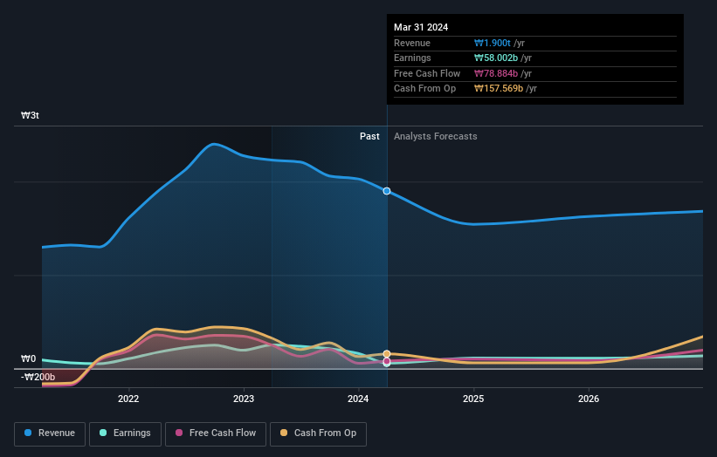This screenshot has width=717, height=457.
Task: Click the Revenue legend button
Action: click(x=51, y=433)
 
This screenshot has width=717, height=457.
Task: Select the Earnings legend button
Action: click(x=125, y=433)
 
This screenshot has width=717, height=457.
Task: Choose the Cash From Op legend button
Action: click(x=323, y=433)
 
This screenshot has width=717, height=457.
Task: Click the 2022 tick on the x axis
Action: click(x=128, y=399)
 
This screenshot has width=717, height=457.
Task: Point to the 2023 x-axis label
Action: click(x=244, y=399)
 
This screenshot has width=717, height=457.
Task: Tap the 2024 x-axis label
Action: click(x=359, y=399)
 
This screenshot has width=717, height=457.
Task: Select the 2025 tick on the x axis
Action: click(x=473, y=399)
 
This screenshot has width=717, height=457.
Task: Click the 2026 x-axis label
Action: click(x=589, y=399)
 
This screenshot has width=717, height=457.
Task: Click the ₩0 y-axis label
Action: click(x=29, y=358)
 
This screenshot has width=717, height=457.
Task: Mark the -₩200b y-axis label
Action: click(x=38, y=377)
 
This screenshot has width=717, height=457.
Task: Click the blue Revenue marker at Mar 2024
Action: click(x=387, y=191)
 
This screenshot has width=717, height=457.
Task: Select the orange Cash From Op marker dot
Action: click(x=387, y=354)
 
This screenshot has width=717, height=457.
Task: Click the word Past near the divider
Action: click(x=369, y=136)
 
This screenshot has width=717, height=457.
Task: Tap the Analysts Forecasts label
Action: click(x=435, y=136)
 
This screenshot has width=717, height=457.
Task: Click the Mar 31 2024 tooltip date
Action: click(x=421, y=27)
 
